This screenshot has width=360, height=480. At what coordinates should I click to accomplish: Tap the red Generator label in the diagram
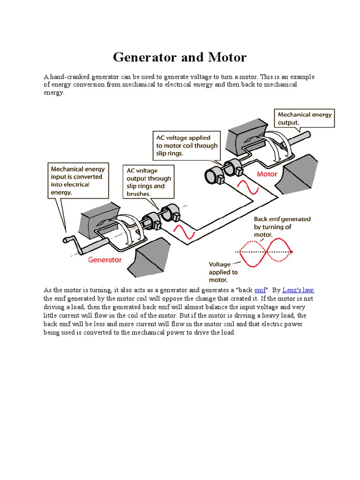[x=105, y=259]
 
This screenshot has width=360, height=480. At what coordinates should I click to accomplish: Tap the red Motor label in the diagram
[x=267, y=174]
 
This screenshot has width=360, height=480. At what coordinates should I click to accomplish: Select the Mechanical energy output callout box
[x=304, y=118]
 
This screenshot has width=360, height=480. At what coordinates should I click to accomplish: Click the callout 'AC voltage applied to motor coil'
[x=187, y=145]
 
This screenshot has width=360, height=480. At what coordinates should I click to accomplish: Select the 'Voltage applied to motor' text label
[x=223, y=272]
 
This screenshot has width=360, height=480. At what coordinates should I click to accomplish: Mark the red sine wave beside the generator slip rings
[x=183, y=231]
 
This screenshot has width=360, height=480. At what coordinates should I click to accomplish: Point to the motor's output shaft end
[x=307, y=135]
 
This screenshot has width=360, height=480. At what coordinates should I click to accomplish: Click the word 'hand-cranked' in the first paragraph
[x=69, y=77]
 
